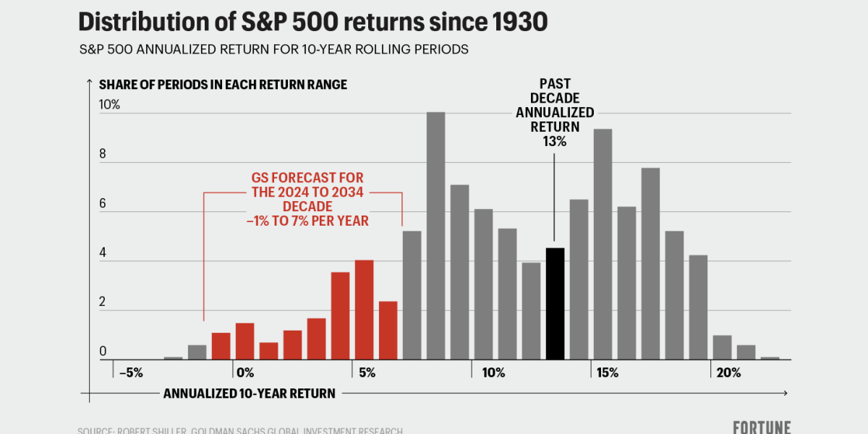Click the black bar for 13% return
click(x=555, y=304)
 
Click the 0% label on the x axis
click(x=244, y=373)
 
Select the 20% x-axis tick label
click(x=728, y=373)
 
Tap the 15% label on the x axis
click(x=607, y=373)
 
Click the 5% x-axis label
click(x=366, y=373)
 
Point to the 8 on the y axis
click(x=103, y=155)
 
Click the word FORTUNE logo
click(x=761, y=427)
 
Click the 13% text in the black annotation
click(x=555, y=142)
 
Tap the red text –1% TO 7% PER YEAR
click(x=307, y=221)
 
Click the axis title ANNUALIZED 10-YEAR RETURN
click(x=249, y=393)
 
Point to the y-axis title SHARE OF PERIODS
click(x=223, y=85)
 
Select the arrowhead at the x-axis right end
click(x=786, y=393)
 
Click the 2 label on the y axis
click(x=103, y=302)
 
